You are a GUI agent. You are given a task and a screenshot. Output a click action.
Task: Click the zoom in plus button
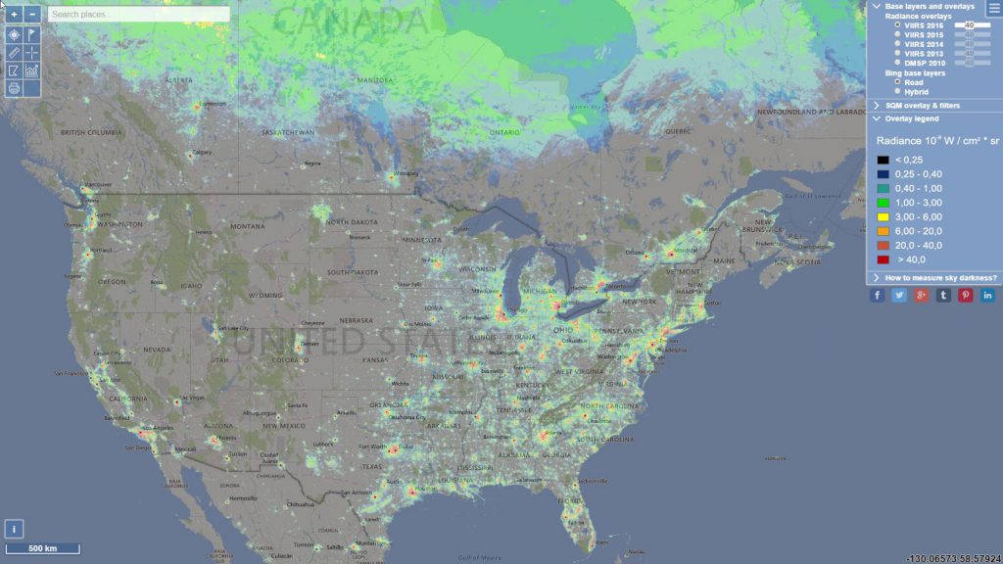[15, 15]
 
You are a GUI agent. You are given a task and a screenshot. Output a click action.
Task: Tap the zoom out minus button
[32, 15]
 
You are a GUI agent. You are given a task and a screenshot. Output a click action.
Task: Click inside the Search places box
[138, 15]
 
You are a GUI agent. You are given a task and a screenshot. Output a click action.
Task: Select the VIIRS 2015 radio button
[898, 34]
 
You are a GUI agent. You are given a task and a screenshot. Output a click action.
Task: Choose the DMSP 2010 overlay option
[898, 63]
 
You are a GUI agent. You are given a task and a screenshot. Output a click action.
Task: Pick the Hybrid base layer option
[898, 92]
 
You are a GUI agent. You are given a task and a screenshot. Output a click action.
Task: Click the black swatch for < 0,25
[884, 160]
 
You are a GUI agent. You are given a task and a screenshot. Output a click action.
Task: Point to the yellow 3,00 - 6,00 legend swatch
[884, 216]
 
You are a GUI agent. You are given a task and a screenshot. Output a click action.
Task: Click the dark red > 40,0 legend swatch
[884, 259]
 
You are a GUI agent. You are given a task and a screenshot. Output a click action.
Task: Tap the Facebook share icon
[878, 296]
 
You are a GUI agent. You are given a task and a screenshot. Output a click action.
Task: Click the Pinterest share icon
[966, 296]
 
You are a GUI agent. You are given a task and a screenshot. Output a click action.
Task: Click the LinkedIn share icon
[987, 296]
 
